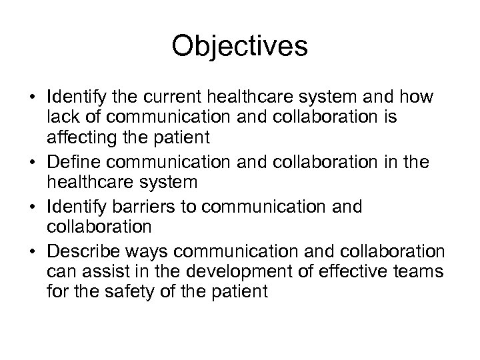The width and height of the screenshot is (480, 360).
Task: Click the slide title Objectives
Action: [x=239, y=47]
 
